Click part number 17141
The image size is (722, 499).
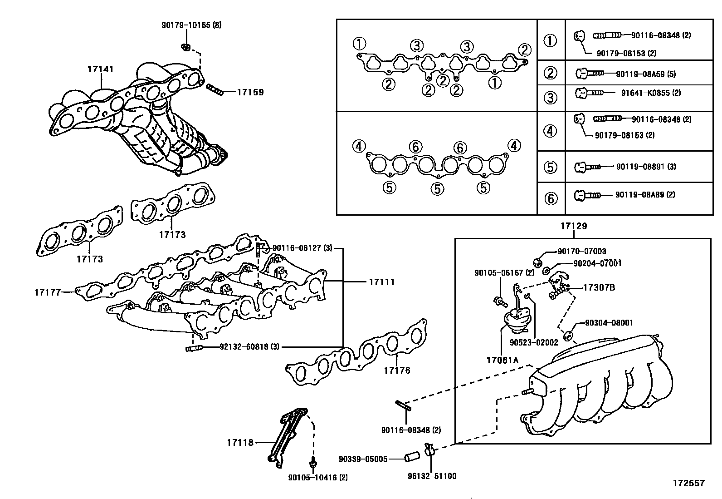tap(100, 69)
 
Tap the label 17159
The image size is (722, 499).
tap(250, 92)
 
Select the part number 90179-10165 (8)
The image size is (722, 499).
tap(191, 25)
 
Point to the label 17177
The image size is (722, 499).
tap(47, 292)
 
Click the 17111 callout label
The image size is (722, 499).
tap(381, 282)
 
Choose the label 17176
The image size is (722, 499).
tap(397, 371)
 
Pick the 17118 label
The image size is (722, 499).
tap(240, 442)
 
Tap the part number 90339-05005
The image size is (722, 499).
tap(363, 459)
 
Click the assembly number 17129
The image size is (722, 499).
tap(574, 226)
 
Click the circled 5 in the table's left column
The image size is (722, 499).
tap(550, 167)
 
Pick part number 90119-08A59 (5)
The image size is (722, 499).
tap(646, 74)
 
